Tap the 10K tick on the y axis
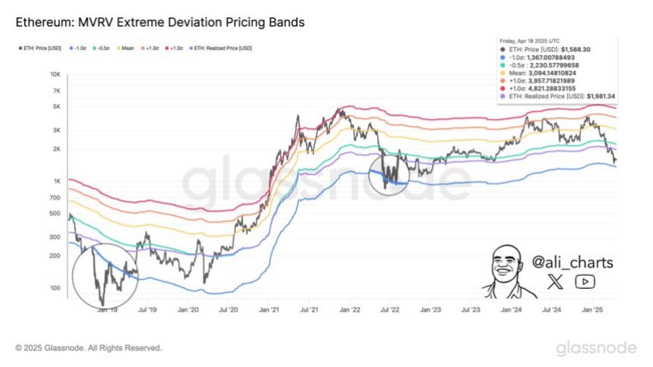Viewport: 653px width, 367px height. click(55, 74)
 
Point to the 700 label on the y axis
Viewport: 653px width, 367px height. click(55, 197)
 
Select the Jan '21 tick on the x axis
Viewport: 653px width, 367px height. click(268, 309)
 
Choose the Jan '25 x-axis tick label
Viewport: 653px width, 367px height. click(591, 309)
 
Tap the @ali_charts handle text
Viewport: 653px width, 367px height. click(572, 262)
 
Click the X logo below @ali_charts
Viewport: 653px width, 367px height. click(556, 282)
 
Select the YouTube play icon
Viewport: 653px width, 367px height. click(585, 282)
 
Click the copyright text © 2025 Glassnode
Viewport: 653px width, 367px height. click(87, 348)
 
